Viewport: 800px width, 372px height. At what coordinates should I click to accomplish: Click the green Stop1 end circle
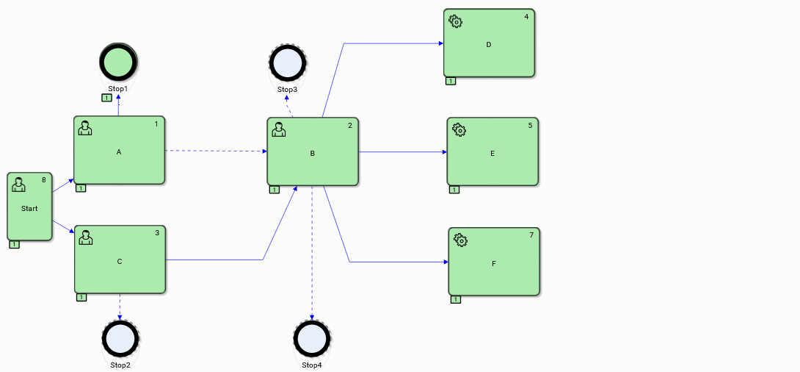click(118, 62)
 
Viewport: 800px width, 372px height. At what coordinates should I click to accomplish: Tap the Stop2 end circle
click(120, 338)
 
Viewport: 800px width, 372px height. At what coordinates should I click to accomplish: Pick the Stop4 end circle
click(312, 339)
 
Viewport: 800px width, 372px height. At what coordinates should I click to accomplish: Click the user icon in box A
click(85, 128)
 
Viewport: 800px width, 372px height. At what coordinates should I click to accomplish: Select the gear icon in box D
click(456, 21)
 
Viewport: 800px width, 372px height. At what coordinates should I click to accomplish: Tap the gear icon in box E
click(459, 130)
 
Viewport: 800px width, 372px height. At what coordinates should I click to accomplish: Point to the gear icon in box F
click(461, 240)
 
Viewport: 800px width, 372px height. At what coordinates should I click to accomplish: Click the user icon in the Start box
click(18, 185)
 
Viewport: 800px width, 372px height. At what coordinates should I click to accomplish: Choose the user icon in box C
click(86, 237)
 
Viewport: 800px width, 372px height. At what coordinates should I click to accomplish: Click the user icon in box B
click(279, 129)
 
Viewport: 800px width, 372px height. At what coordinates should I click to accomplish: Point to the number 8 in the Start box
click(44, 179)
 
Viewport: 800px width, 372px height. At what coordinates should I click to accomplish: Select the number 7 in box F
click(531, 235)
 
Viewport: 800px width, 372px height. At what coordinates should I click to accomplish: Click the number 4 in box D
click(526, 16)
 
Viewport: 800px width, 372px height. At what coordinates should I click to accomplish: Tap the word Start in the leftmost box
click(29, 209)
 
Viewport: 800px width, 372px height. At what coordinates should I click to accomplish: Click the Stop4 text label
click(312, 365)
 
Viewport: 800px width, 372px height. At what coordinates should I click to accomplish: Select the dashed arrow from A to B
click(216, 151)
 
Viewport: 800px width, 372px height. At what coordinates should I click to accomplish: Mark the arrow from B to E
click(402, 152)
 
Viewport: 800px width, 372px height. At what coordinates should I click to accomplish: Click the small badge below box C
click(81, 297)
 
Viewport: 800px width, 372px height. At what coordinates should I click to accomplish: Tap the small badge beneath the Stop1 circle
click(107, 98)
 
